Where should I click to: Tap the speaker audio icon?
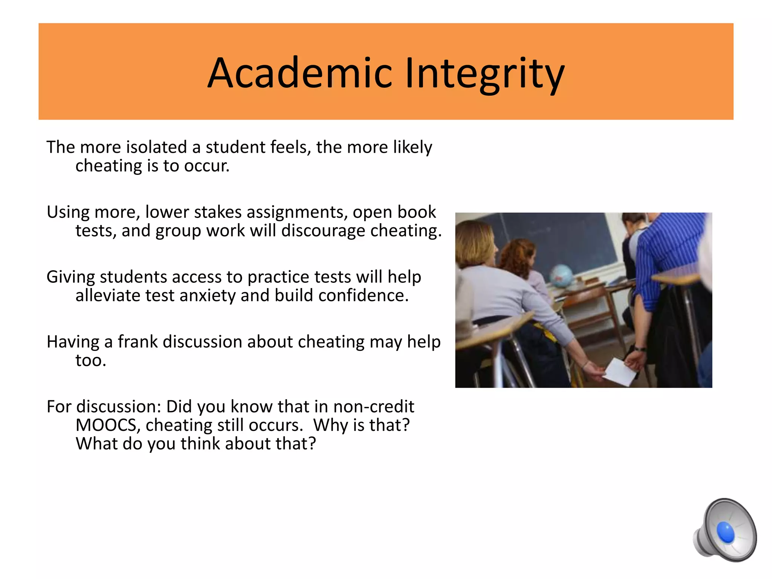coord(724,530)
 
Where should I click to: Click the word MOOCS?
coord(108,425)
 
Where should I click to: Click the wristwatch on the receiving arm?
coord(640,349)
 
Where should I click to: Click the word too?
coord(90,361)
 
